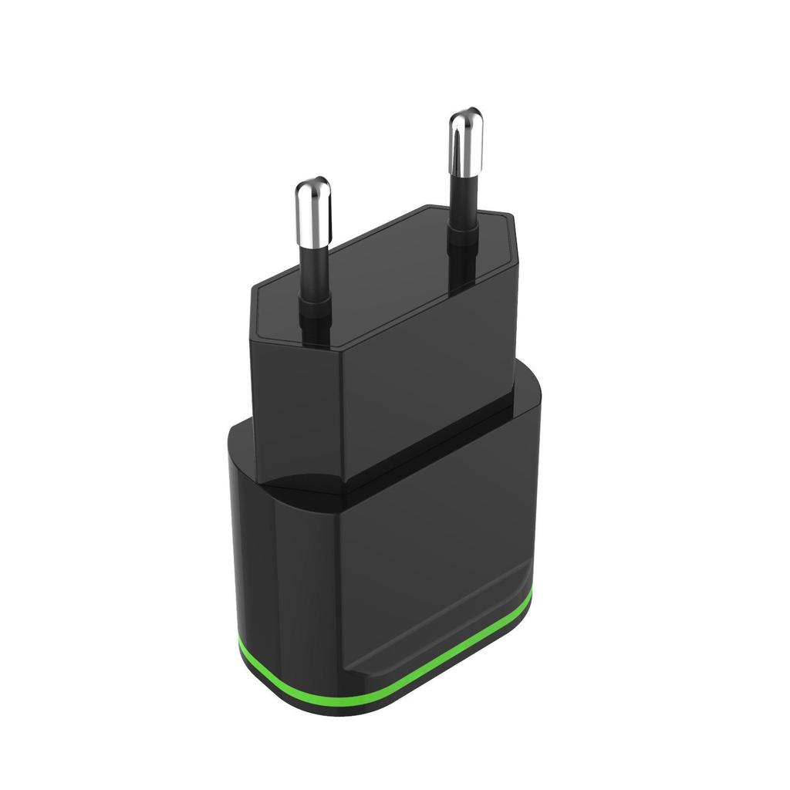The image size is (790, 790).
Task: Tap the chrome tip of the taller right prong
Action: (465, 139)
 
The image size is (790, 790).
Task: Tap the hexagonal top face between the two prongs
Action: (386, 270)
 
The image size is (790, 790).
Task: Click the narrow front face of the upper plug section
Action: (297, 401)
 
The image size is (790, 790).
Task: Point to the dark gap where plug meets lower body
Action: (432, 447)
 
